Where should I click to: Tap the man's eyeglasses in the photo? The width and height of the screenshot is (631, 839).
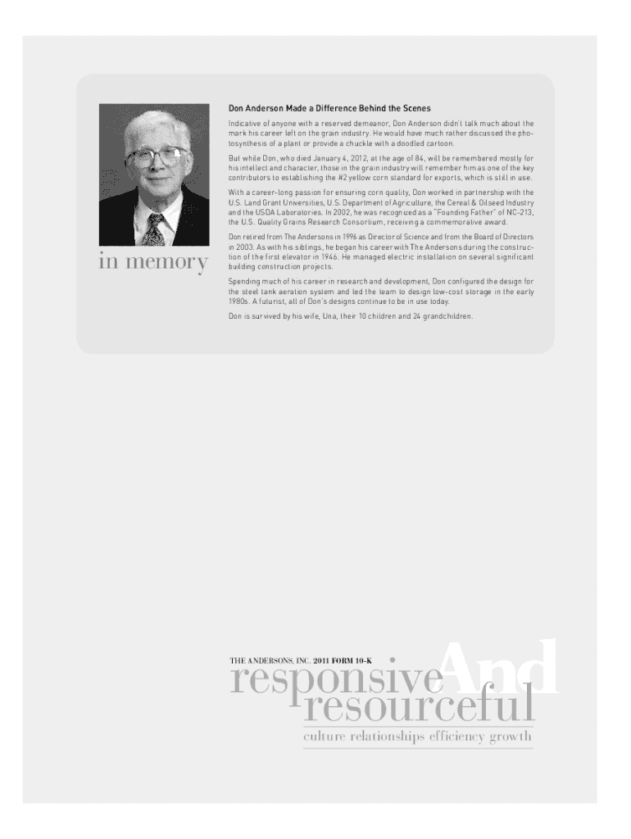157,155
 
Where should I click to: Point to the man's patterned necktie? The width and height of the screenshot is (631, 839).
153,229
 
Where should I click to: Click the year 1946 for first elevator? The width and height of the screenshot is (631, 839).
309,256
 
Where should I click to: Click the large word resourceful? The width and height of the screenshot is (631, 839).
418,706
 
